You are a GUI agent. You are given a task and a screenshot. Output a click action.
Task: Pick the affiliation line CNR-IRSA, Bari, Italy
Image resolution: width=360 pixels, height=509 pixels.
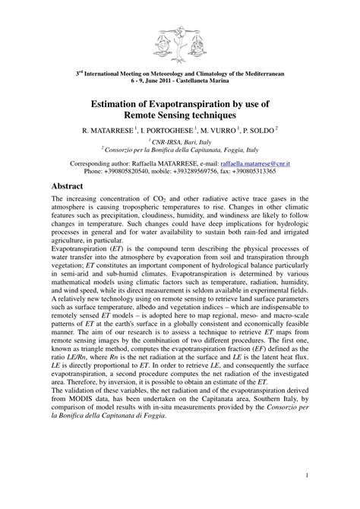click(180, 142)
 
